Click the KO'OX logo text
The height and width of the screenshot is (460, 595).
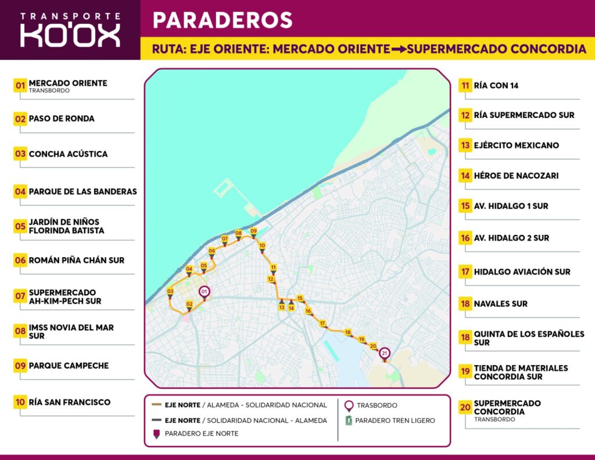[x=70, y=34]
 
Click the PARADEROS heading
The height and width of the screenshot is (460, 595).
[x=222, y=20]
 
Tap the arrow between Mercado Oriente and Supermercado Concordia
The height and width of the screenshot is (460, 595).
[x=398, y=49]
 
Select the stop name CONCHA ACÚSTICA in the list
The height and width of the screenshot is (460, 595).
[x=68, y=154]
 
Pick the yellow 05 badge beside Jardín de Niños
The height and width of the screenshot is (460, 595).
[x=20, y=226]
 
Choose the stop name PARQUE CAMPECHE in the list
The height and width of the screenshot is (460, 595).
[x=69, y=366]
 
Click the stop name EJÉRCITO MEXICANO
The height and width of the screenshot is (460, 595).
[x=516, y=145]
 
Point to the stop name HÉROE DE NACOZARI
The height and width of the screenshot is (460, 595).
[x=516, y=176]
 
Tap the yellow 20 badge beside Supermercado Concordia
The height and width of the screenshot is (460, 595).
[x=465, y=408]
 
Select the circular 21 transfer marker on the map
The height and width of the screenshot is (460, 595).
[x=384, y=353]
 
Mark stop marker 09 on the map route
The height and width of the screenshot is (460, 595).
[x=253, y=232]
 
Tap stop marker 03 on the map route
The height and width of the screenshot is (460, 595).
[x=170, y=293]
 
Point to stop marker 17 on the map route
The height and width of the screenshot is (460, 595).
[x=322, y=324]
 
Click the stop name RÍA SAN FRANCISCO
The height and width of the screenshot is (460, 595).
[x=69, y=402]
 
